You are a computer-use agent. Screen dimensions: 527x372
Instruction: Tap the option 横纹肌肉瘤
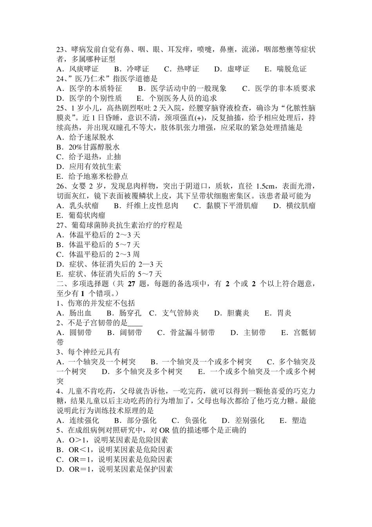pyautogui.click(x=300, y=205)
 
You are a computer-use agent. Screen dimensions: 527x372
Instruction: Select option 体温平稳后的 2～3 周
pyautogui.click(x=104, y=254)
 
